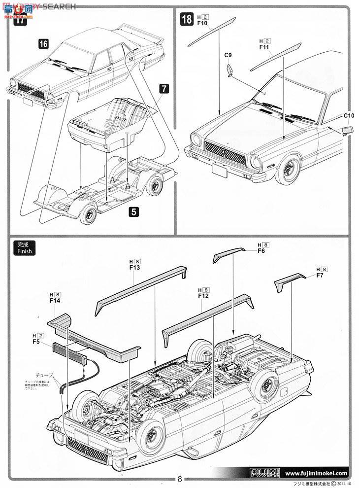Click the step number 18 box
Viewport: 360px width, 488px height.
pyautogui.click(x=187, y=20)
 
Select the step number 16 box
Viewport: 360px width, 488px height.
pyautogui.click(x=43, y=44)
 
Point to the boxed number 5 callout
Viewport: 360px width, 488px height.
pyautogui.click(x=133, y=212)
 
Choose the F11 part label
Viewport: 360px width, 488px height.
pyautogui.click(x=263, y=48)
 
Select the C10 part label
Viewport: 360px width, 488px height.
pyautogui.click(x=349, y=116)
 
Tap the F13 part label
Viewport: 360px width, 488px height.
pyautogui.click(x=134, y=268)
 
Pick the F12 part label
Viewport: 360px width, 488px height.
pyautogui.click(x=203, y=296)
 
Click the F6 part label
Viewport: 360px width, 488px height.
pyautogui.click(x=261, y=251)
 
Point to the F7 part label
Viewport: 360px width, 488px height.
pyautogui.click(x=320, y=276)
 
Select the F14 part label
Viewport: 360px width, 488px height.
pyautogui.click(x=55, y=300)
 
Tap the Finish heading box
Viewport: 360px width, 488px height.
pyautogui.click(x=24, y=247)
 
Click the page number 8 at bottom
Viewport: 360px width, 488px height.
pyautogui.click(x=180, y=479)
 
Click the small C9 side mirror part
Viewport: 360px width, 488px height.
pyautogui.click(x=230, y=69)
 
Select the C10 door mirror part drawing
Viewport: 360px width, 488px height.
pyautogui.click(x=346, y=130)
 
